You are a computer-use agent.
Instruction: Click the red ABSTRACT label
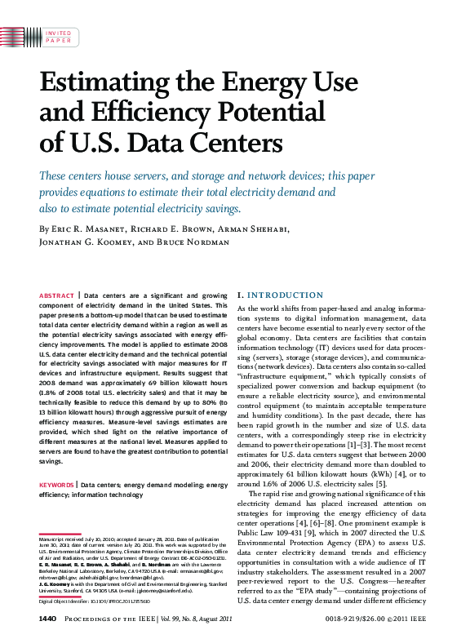point(57,295)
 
